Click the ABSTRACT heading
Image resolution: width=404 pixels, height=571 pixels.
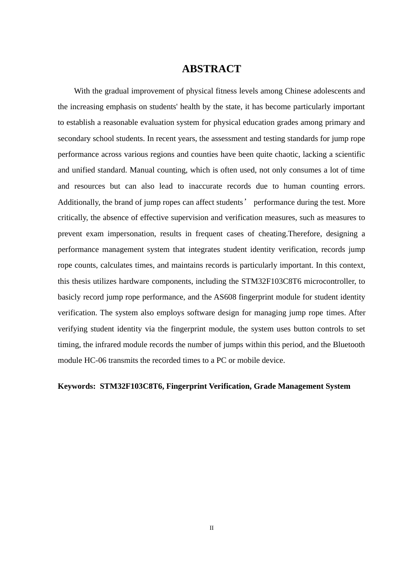[211, 69]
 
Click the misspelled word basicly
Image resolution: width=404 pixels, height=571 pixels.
[69, 297]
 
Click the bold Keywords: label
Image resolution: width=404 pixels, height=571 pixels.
[77, 386]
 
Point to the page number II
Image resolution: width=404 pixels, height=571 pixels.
[211, 528]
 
